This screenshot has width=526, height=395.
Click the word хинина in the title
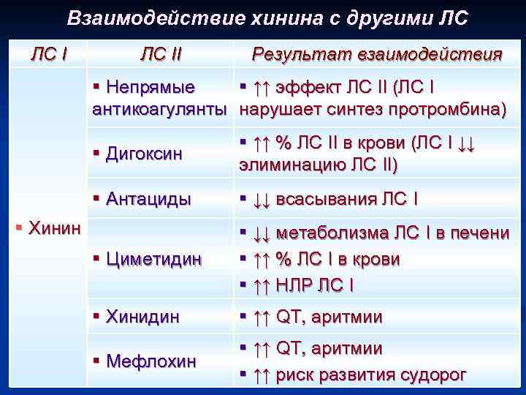tap(270, 18)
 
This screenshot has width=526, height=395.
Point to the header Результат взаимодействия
tap(376, 54)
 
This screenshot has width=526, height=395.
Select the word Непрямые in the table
tap(150, 88)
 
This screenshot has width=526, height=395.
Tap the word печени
tap(481, 233)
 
